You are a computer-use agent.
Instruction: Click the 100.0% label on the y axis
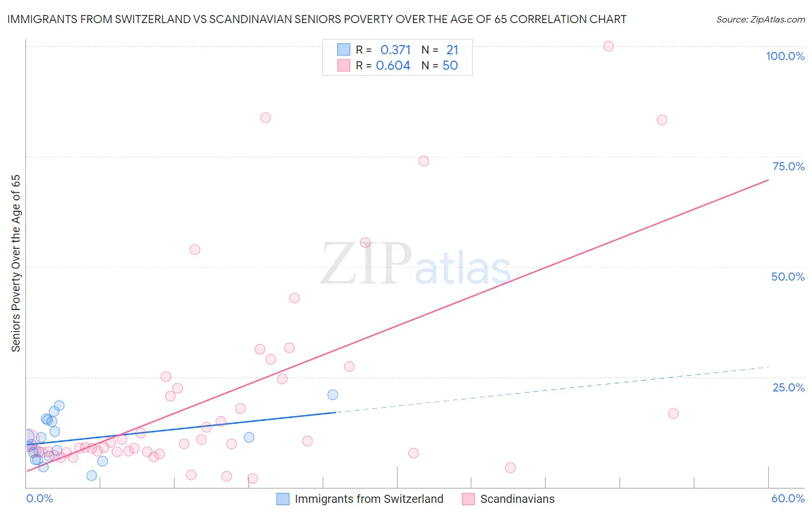coord(785,56)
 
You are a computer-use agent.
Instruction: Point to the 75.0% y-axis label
coord(788,166)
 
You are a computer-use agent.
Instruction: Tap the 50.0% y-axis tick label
coord(788,277)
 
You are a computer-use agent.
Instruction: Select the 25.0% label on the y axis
coord(788,387)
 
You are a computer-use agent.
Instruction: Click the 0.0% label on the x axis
coord(39,498)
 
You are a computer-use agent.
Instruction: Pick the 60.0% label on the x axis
coord(788,498)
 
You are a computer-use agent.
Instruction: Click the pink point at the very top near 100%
coord(608,46)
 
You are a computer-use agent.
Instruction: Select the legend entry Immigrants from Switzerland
coord(368,499)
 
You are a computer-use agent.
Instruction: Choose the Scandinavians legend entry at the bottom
coord(517,499)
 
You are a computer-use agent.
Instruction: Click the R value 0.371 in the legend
coord(396,50)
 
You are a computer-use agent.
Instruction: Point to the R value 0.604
coord(393,66)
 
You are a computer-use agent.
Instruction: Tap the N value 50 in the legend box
coord(450,66)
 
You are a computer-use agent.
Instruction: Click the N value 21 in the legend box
coord(452,50)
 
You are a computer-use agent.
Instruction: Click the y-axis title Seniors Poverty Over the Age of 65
coord(16,263)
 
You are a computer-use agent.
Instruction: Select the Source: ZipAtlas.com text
coord(760,20)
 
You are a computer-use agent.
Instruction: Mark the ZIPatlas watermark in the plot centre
coord(416,265)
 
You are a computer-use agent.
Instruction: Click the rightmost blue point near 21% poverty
coord(333,395)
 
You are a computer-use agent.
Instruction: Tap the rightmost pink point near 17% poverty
coord(673,413)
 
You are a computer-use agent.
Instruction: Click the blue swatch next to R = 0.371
coord(344,50)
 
